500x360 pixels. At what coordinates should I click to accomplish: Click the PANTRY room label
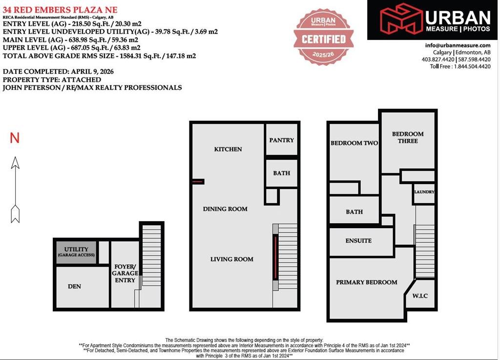tap(282, 140)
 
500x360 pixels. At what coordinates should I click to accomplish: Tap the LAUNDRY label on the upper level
tap(424, 192)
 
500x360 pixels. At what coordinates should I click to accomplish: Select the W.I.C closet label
tap(420, 296)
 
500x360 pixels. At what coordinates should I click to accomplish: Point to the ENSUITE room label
tap(358, 241)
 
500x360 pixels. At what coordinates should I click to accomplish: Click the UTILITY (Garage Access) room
tap(76, 252)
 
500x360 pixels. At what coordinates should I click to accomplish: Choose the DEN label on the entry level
tap(74, 286)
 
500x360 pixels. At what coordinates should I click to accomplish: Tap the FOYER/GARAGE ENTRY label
tap(125, 273)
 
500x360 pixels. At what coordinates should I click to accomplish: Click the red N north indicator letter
tap(15, 138)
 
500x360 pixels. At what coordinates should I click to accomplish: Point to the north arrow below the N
tap(15, 190)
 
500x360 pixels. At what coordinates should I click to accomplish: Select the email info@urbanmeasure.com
tap(458, 45)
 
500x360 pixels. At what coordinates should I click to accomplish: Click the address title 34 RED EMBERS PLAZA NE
tap(60, 10)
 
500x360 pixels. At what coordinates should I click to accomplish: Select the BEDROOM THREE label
tap(408, 137)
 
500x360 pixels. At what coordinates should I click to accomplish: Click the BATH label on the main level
tap(282, 173)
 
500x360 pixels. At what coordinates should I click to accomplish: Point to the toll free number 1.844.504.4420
tap(472, 66)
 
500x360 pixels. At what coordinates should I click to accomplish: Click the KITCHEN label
tap(228, 149)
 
